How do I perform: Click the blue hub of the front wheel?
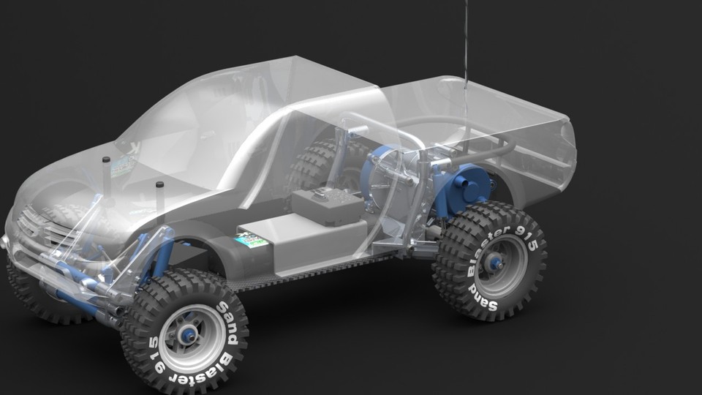(188, 335)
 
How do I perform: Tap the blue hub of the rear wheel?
(495, 262)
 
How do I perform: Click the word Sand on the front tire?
(230, 316)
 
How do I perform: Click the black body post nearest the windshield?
(106, 174)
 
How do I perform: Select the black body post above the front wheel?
(159, 200)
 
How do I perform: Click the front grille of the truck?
(37, 227)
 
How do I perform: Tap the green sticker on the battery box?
(251, 240)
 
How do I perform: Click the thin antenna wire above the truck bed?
(467, 44)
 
